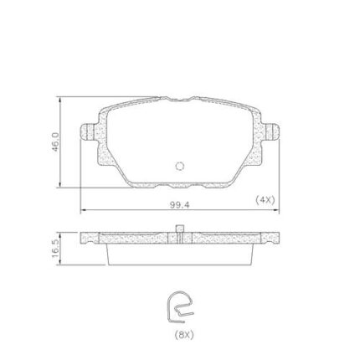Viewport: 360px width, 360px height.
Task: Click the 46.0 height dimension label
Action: coord(55,141)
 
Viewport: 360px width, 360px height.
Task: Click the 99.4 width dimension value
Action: coord(180,205)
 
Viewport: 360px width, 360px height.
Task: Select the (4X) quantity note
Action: coord(265,200)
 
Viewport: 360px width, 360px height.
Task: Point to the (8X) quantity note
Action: coord(184,334)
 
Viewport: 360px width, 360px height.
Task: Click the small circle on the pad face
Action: coord(180,167)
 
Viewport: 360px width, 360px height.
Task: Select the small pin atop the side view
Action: coord(180,229)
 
